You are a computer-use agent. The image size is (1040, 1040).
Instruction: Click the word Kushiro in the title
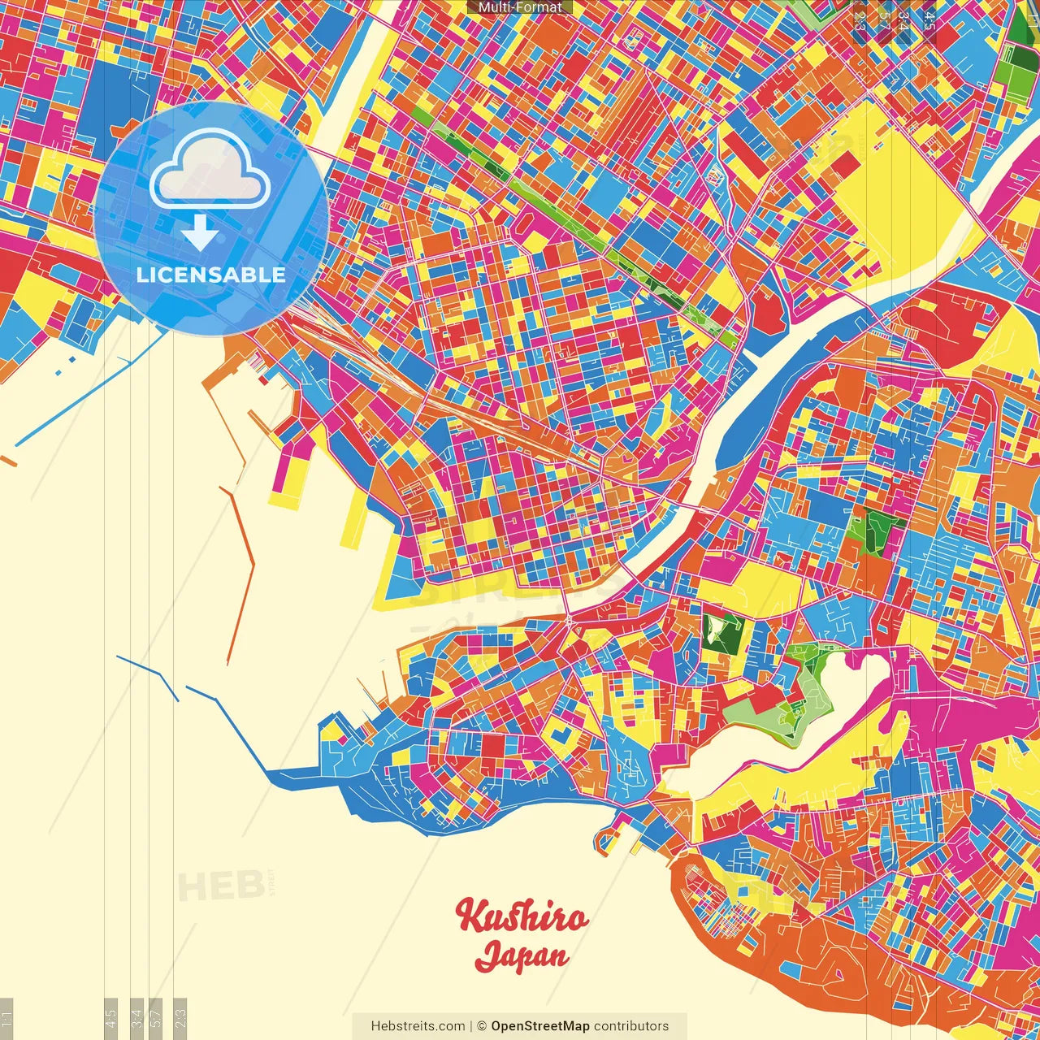[x=522, y=916]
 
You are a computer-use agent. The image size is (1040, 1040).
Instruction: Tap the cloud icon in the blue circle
[x=210, y=169]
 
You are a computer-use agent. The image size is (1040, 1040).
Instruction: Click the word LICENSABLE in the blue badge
[x=211, y=275]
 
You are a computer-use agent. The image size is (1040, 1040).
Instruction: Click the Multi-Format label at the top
[x=520, y=7]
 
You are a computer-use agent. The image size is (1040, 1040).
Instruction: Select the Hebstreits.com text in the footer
[x=418, y=1026]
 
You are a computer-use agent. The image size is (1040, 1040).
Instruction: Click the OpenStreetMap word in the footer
[x=540, y=1026]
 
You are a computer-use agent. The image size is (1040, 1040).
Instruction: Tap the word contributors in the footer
[x=631, y=1026]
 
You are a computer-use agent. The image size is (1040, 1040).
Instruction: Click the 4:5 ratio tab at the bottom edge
[x=111, y=1018]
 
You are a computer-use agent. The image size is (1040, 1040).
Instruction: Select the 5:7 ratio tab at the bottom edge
[x=156, y=1018]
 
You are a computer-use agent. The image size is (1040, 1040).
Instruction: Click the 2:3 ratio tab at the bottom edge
[x=180, y=1018]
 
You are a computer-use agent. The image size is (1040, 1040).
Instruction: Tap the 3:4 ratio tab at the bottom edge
[x=137, y=1018]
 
